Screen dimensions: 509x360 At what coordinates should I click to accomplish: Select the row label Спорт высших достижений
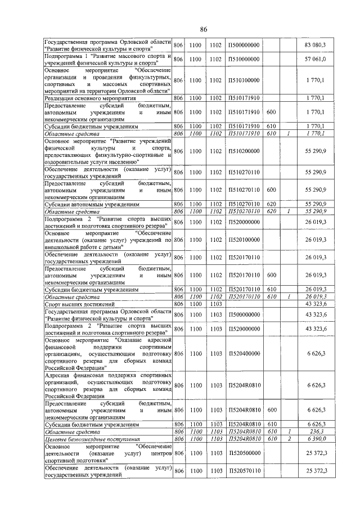tap(76, 304)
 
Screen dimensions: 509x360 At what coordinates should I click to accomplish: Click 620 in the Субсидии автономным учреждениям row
tap(271, 205)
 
